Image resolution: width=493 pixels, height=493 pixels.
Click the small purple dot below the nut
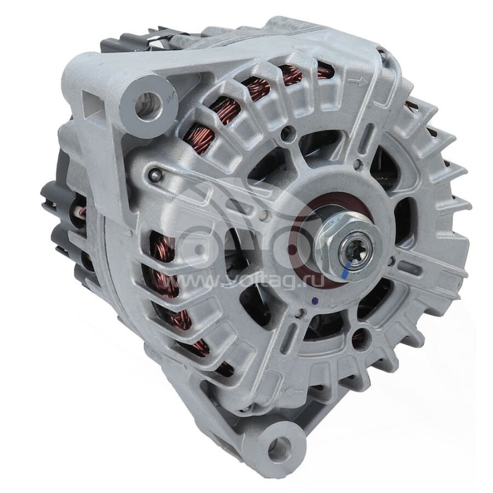315,301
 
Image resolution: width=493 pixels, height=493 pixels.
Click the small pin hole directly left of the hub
264,216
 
